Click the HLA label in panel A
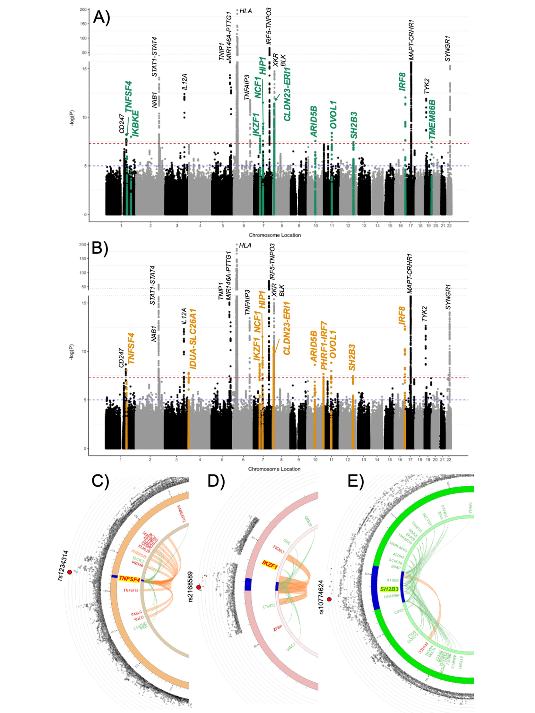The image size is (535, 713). pos(246,11)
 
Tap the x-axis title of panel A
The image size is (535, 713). pos(274,235)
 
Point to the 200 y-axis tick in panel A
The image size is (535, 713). pos(83,10)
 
